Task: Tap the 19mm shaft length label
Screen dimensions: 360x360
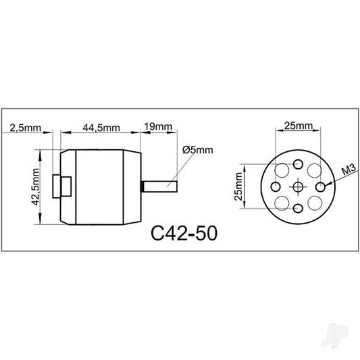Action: click(x=158, y=127)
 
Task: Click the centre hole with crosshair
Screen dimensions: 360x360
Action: click(x=298, y=186)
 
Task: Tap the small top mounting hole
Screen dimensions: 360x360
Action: click(x=298, y=163)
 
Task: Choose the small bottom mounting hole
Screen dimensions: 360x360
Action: click(x=298, y=209)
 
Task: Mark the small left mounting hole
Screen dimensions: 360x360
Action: click(x=276, y=186)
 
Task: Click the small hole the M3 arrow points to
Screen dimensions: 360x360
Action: click(x=320, y=186)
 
